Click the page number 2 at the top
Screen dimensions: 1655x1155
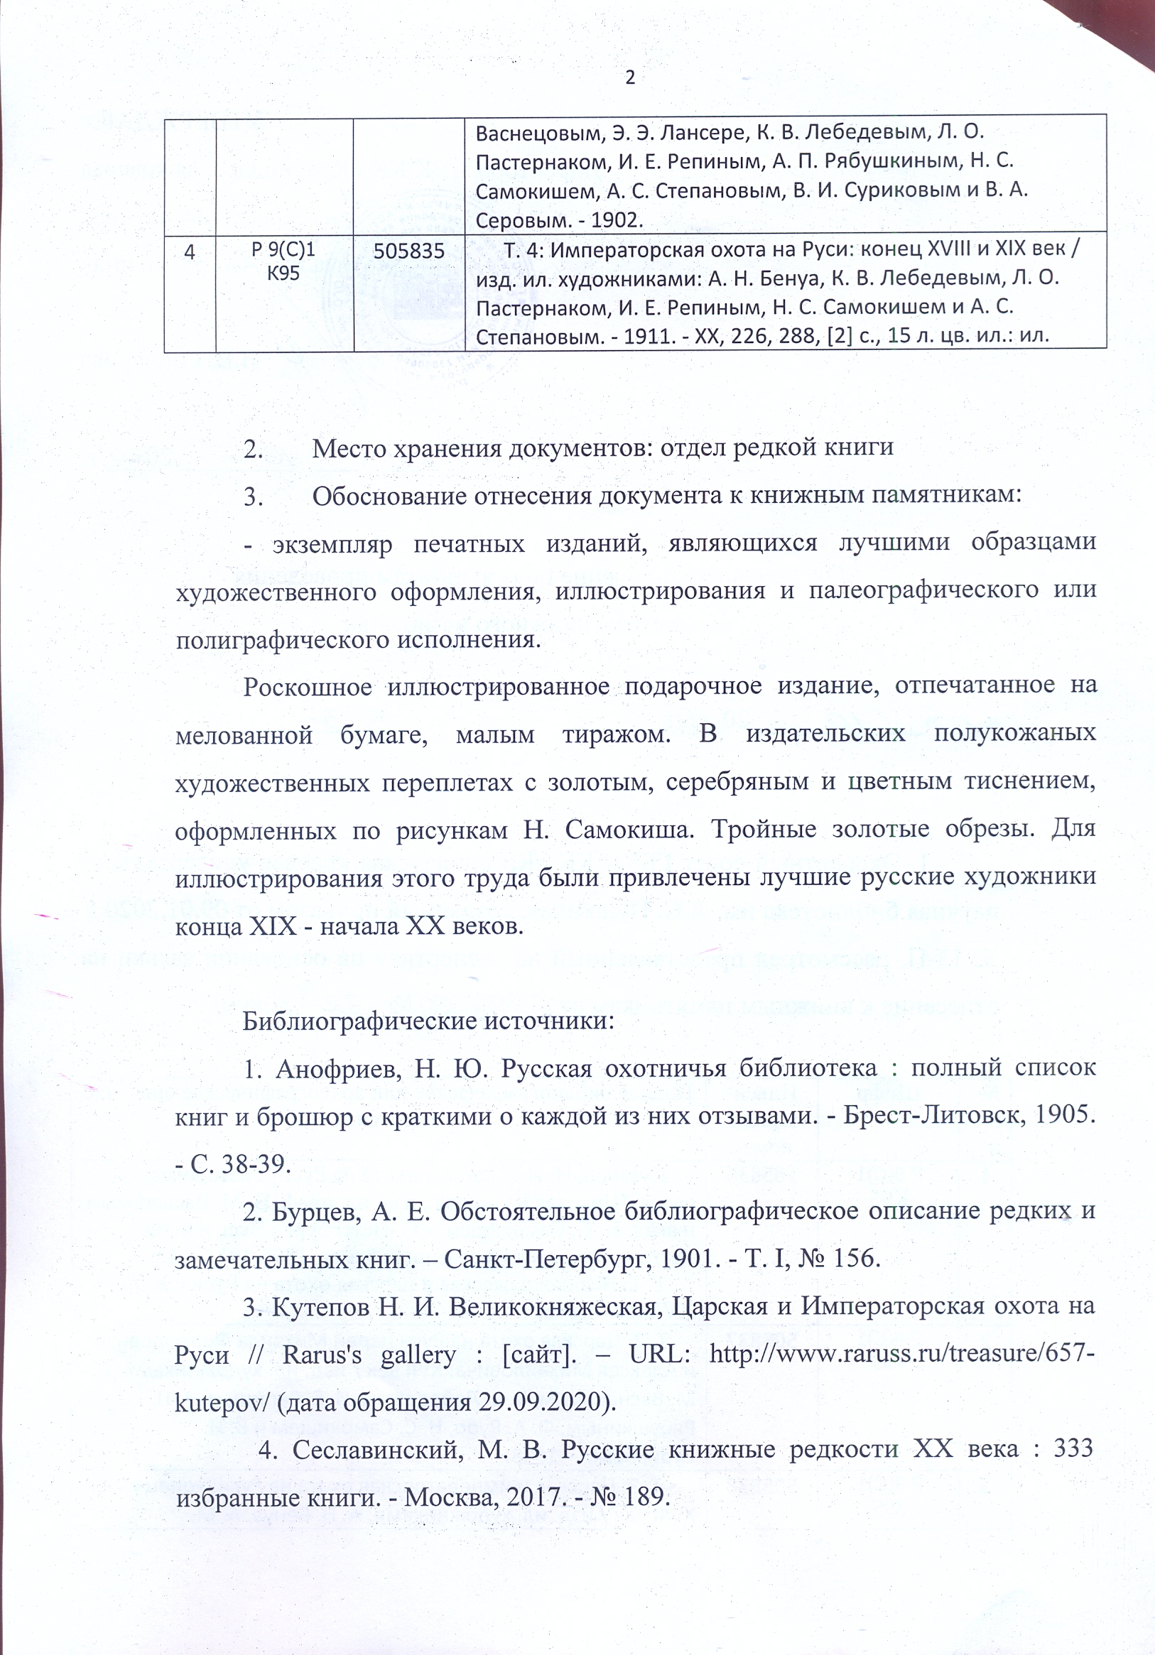(630, 78)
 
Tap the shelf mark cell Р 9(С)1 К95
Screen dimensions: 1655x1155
(284, 261)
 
